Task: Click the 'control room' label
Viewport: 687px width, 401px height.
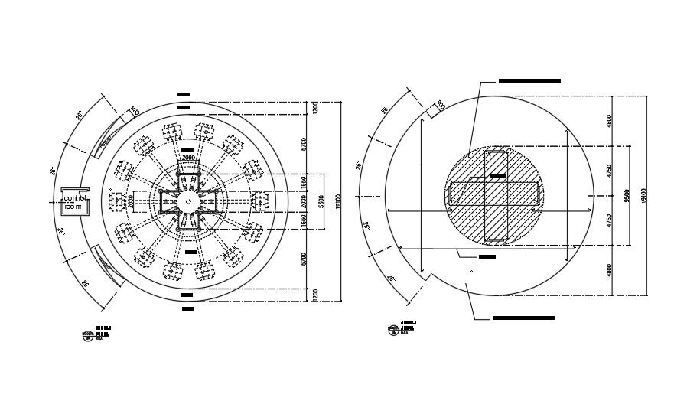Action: click(75, 203)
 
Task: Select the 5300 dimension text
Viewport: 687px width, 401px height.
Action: click(320, 203)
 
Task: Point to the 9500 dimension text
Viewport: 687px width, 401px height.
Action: click(627, 197)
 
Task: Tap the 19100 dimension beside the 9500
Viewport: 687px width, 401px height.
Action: click(644, 197)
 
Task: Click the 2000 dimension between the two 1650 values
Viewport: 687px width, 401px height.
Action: click(304, 201)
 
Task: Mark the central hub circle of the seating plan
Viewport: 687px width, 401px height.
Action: click(188, 201)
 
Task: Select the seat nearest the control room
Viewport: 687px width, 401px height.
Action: click(118, 202)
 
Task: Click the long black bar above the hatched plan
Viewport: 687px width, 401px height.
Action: click(529, 80)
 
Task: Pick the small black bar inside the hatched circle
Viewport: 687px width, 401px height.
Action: click(498, 177)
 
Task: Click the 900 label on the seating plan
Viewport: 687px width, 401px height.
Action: click(135, 111)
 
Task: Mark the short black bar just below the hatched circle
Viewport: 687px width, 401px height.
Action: click(487, 256)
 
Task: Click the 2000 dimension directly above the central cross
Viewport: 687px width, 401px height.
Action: click(188, 158)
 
